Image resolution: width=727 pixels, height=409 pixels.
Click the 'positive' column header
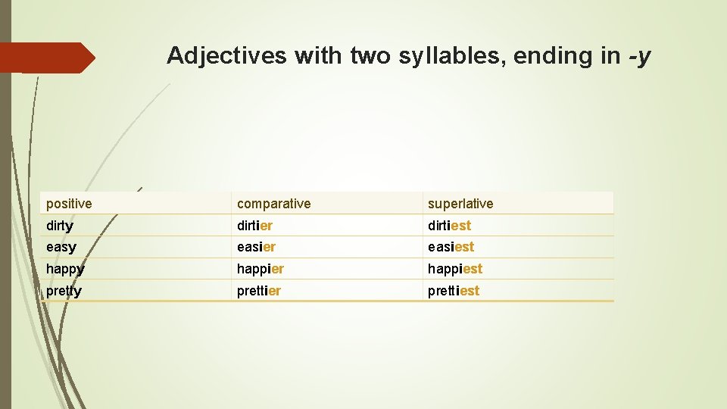(69, 204)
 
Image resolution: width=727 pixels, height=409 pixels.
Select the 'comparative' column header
(273, 204)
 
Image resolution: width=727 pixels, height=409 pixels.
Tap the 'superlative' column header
(460, 204)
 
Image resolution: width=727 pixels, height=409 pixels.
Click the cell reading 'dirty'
(60, 226)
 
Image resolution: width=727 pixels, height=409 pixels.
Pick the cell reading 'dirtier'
(254, 226)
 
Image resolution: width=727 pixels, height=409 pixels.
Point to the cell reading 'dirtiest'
(449, 226)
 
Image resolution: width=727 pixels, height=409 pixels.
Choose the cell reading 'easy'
(61, 247)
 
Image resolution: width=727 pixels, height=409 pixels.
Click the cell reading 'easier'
(256, 247)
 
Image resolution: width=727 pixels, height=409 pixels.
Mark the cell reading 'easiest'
(451, 247)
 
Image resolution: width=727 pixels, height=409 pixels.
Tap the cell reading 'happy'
(65, 269)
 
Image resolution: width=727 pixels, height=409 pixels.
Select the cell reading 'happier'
(260, 269)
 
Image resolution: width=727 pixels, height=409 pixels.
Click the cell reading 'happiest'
(454, 269)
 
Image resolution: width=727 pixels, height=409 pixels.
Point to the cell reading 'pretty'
(64, 291)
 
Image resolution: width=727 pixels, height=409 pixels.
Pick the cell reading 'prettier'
(258, 291)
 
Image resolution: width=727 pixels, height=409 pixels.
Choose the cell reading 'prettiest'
(453, 291)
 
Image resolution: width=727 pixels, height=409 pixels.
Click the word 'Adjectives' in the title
(226, 55)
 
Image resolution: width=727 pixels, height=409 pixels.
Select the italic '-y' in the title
(640, 56)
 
